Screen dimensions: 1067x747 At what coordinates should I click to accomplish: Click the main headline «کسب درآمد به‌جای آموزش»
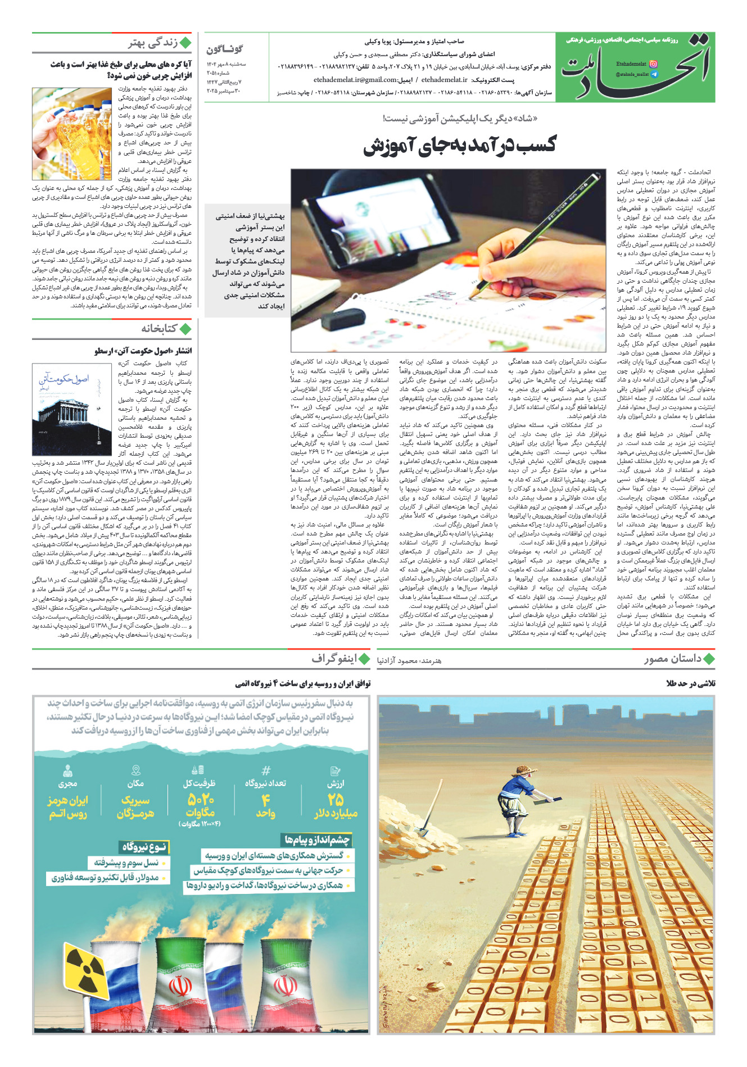pos(459,145)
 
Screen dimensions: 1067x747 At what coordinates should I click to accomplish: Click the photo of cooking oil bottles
pos(72,133)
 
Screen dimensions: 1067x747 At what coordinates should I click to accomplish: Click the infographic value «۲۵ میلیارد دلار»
pos(336,806)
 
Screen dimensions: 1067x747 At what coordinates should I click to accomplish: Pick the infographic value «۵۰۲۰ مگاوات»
pos(200,806)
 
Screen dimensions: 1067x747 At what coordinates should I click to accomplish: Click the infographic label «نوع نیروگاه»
pos(144,847)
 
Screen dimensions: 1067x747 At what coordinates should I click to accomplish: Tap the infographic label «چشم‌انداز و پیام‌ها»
pos(317,840)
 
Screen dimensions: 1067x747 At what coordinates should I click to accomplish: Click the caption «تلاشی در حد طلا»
pos(690,684)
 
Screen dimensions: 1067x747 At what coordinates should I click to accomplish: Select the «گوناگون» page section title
pos(224,49)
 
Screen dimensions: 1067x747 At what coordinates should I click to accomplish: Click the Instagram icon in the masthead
pos(653,64)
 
